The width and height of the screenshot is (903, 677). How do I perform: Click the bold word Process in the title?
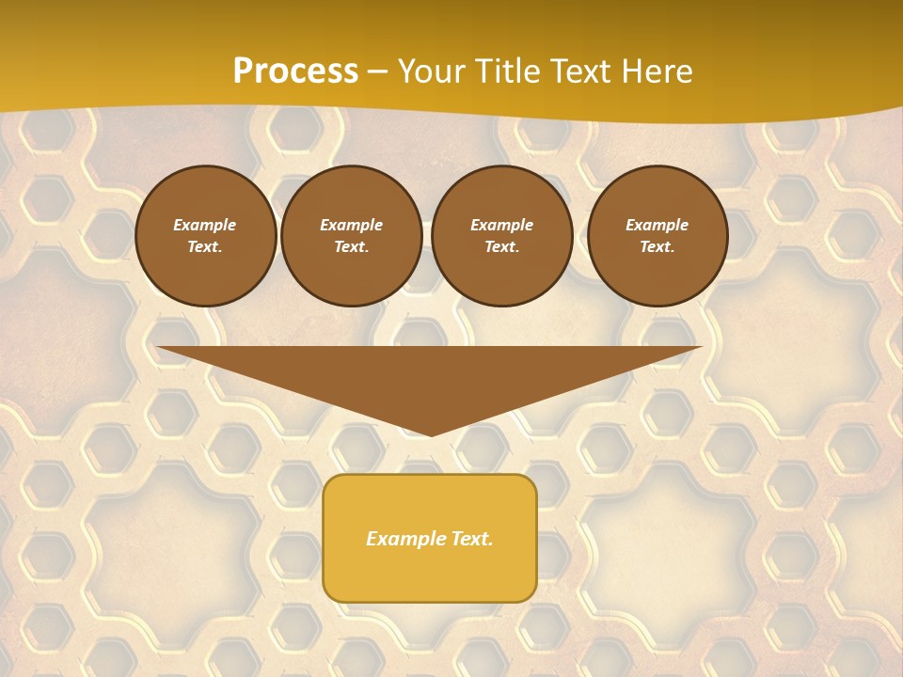tap(295, 71)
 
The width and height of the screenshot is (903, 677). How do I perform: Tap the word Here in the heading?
tap(656, 71)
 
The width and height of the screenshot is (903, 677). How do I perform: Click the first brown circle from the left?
tap(205, 236)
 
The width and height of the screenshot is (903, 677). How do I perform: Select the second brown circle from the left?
tap(351, 236)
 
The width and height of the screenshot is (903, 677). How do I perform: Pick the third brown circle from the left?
tap(501, 236)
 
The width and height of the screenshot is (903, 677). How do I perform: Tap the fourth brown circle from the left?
tap(657, 236)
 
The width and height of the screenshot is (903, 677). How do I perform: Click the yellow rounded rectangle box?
tap(430, 538)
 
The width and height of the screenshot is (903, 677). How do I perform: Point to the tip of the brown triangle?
tap(431, 433)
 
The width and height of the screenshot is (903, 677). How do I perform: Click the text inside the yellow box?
tap(430, 539)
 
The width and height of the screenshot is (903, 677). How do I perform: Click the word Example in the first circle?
tap(205, 225)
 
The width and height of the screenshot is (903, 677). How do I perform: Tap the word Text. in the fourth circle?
tap(657, 247)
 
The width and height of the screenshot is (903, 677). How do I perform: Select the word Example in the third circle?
tap(501, 225)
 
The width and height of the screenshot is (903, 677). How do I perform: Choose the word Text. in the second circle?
tap(351, 247)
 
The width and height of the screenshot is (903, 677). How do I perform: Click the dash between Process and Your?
tap(378, 72)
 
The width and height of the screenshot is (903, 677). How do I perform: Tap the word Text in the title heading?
tap(580, 71)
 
